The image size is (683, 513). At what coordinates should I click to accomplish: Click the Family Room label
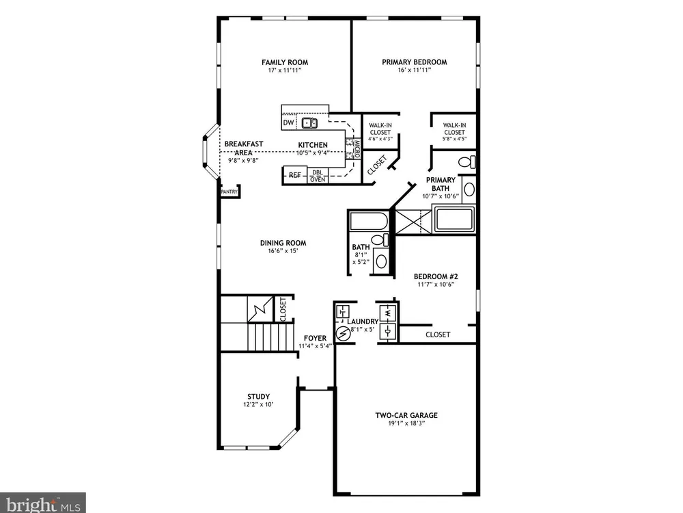285,62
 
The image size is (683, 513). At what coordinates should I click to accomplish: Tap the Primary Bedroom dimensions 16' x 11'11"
415,70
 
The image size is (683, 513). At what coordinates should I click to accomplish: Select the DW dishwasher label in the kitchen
288,122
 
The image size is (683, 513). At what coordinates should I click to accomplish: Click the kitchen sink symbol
309,123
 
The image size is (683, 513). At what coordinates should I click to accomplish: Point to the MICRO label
357,148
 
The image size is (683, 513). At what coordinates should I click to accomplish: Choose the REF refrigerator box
295,175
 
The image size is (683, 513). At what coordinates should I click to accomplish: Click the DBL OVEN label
318,176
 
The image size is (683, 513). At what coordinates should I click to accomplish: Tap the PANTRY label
229,192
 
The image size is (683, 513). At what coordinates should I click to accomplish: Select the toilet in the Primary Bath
467,162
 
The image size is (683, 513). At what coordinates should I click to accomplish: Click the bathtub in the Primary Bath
454,220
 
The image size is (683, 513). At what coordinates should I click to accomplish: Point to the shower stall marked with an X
413,222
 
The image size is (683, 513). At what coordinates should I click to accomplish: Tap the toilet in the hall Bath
380,239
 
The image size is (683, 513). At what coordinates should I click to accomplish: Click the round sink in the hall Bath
381,261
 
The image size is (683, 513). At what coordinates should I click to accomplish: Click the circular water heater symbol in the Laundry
344,334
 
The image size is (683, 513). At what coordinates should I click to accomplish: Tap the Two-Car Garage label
406,415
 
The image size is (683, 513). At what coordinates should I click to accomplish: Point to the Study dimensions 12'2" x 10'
258,404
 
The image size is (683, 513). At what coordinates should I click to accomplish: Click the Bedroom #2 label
436,276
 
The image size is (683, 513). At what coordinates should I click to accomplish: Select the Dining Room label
283,243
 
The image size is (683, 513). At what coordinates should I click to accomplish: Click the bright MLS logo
42,504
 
